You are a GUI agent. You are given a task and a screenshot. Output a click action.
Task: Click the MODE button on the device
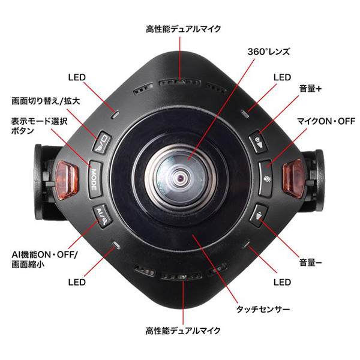(x=95, y=179)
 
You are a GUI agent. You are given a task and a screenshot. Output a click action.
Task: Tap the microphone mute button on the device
(x=266, y=179)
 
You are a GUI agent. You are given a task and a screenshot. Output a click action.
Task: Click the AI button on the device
(x=102, y=216)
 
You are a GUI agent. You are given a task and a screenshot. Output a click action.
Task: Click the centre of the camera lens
(x=180, y=178)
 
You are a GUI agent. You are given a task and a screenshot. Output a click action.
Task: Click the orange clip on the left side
(x=67, y=179)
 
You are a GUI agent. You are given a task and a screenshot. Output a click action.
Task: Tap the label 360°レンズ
(x=269, y=52)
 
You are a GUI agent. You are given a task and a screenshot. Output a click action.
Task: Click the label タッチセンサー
(x=263, y=309)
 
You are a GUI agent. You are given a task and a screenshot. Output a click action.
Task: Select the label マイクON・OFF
(x=326, y=121)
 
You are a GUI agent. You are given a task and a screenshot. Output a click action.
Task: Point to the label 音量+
(x=310, y=88)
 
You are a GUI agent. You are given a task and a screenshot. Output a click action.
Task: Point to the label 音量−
(x=310, y=262)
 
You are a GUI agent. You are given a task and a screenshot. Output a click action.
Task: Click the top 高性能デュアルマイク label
(x=183, y=29)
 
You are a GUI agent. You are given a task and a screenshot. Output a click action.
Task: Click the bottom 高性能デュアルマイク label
(x=183, y=331)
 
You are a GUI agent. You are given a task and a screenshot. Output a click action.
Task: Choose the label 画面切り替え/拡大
(x=46, y=101)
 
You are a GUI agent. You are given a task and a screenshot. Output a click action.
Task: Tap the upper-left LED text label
(x=77, y=77)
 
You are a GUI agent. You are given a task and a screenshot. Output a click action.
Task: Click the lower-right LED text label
(x=282, y=282)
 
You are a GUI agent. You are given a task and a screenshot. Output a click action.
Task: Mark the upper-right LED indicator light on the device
(x=245, y=114)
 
